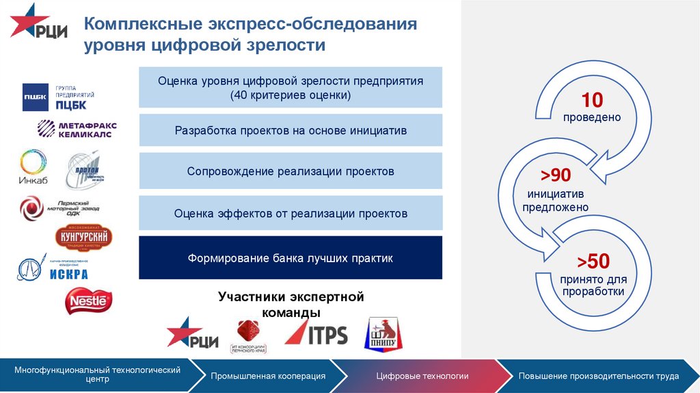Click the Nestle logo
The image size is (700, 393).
(x=88, y=301)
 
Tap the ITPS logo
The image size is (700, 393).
(x=316, y=334)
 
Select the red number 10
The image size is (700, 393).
(x=592, y=101)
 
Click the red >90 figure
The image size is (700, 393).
(x=556, y=175)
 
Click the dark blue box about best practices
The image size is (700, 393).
(x=291, y=258)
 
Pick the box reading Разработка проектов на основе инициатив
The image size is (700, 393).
(x=291, y=130)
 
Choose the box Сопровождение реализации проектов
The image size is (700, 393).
(x=291, y=171)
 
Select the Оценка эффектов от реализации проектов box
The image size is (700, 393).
(x=291, y=214)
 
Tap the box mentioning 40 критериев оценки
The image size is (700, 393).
(x=291, y=88)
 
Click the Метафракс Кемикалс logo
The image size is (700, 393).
(x=77, y=129)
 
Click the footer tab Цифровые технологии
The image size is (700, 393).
(x=422, y=376)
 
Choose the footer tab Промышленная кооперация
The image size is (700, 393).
(x=268, y=376)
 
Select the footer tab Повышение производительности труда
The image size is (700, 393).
(x=598, y=376)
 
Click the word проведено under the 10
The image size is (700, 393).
(x=592, y=117)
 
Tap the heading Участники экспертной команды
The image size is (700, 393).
(x=291, y=305)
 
